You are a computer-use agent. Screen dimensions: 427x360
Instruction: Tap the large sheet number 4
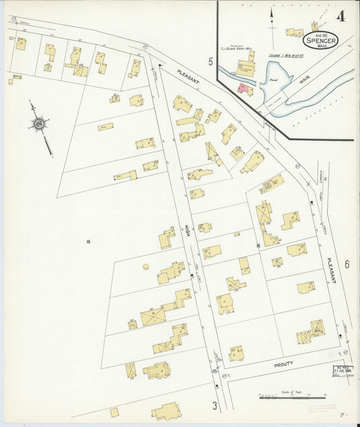(340, 16)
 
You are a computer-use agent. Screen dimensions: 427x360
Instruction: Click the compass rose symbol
(38, 124)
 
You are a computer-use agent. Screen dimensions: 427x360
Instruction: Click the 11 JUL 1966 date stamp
(342, 370)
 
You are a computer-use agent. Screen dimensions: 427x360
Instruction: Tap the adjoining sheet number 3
(215, 405)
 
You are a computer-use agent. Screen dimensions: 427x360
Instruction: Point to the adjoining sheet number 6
(346, 264)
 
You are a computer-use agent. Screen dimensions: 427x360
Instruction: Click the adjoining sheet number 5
(210, 62)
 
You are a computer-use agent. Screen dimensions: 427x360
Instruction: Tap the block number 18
(88, 241)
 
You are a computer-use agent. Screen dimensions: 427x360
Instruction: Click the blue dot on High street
(214, 371)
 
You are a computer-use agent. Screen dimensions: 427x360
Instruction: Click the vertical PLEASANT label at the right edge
(330, 270)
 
